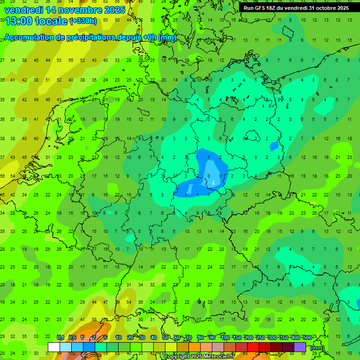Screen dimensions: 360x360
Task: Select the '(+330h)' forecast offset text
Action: (83, 21)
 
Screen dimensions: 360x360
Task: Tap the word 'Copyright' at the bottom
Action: (177, 357)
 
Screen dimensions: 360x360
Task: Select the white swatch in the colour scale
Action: (54, 347)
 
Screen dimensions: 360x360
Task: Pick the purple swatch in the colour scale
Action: (300, 347)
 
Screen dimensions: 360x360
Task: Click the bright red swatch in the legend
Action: (253, 347)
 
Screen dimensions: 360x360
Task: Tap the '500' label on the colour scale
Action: (307, 337)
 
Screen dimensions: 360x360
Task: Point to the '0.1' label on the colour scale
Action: (60, 337)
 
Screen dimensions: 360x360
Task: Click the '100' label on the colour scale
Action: (225, 337)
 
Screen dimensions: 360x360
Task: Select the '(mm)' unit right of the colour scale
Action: (317, 348)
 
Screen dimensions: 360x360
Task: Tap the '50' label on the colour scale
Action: (165, 337)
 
